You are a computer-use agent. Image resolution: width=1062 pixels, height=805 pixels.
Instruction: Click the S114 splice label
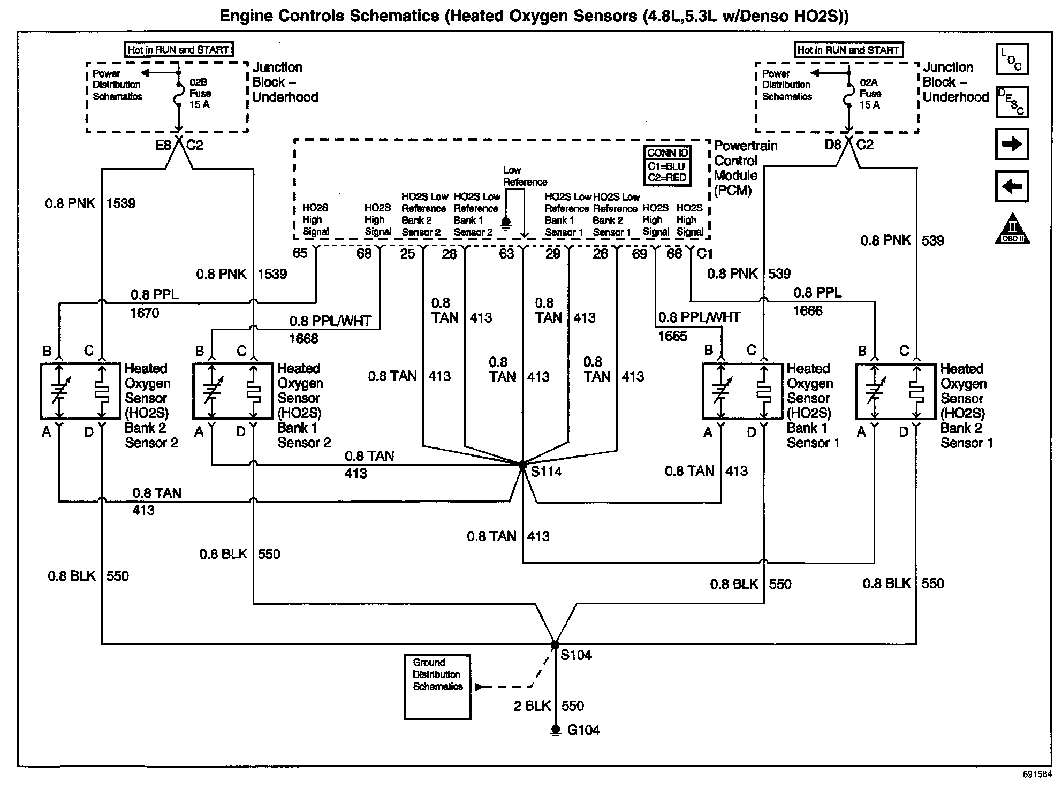[546, 472]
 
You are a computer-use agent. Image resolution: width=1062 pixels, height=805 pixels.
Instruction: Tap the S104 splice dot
[555, 645]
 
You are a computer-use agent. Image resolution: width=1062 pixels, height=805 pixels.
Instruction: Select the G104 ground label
[583, 730]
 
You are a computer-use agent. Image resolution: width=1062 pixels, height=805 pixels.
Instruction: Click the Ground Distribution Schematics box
[437, 687]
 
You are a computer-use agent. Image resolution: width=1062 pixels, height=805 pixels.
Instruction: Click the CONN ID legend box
[667, 165]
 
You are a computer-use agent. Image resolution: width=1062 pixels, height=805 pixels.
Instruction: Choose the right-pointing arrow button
[1012, 144]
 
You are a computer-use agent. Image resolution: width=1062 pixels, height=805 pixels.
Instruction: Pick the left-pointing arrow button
[1012, 186]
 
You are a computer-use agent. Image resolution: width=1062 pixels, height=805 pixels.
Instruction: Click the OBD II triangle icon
[1012, 230]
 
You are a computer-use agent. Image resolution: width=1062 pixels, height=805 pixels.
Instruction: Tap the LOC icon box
[1012, 59]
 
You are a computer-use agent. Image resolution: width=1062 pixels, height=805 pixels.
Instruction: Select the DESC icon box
[1012, 102]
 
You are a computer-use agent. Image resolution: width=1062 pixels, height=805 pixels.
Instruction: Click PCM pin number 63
[506, 254]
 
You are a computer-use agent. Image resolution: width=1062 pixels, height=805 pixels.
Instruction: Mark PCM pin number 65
[300, 253]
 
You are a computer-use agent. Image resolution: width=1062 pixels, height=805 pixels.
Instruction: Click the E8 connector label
[163, 146]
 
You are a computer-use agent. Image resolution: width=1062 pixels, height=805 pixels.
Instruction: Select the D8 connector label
[832, 145]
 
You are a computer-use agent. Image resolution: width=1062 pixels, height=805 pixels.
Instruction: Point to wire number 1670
[145, 313]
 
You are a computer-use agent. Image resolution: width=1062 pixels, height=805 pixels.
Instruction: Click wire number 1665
[672, 336]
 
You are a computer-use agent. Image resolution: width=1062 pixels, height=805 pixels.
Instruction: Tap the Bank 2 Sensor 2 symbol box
[81, 391]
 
